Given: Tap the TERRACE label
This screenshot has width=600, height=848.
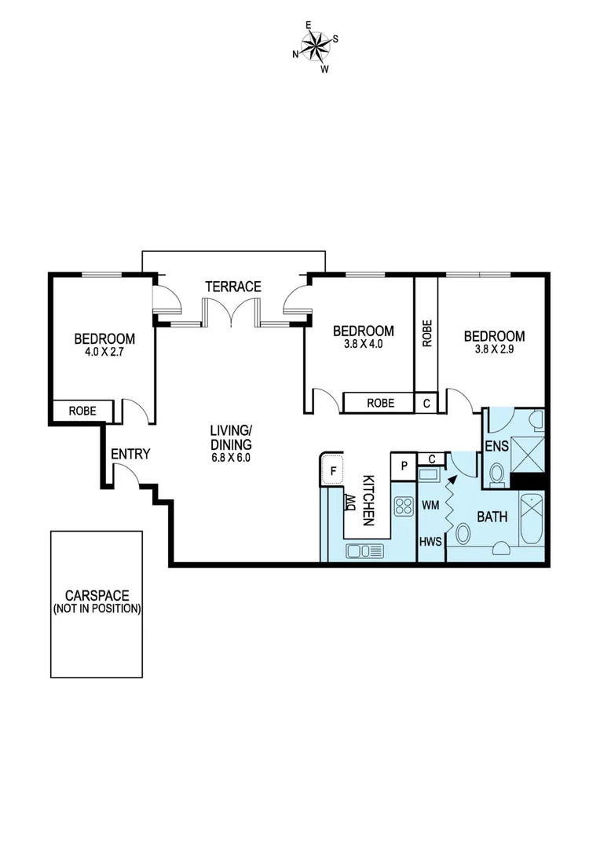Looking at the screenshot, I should (233, 287).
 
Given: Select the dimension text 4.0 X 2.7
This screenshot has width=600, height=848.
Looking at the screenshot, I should (104, 353).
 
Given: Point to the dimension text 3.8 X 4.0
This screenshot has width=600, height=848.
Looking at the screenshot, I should (363, 343).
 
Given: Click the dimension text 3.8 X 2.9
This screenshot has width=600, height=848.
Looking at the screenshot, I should (494, 349).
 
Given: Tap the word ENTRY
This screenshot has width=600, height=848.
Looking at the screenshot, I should (130, 454).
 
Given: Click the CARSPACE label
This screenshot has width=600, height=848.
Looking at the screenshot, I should (97, 596).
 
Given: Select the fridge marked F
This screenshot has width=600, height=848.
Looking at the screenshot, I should (332, 471).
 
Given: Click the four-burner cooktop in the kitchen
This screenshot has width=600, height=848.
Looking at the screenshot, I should (403, 506).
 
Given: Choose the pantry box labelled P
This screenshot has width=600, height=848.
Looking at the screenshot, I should (403, 464).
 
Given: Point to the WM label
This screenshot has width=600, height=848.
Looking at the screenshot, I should (430, 506).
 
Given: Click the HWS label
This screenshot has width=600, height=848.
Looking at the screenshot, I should (430, 543).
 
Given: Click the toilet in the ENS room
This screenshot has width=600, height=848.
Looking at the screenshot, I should (496, 473).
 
